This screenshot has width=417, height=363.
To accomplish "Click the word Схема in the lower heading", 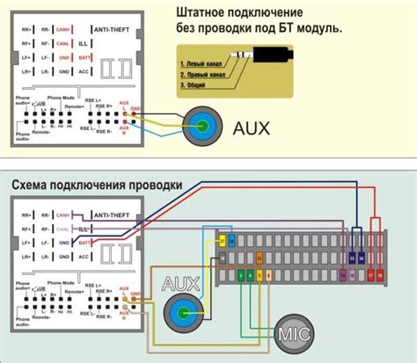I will click(33, 185).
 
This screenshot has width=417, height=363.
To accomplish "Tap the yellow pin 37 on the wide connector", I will click(222, 239).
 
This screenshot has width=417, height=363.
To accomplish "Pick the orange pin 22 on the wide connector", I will click(233, 239).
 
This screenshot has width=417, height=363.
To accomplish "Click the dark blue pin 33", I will click(353, 258).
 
